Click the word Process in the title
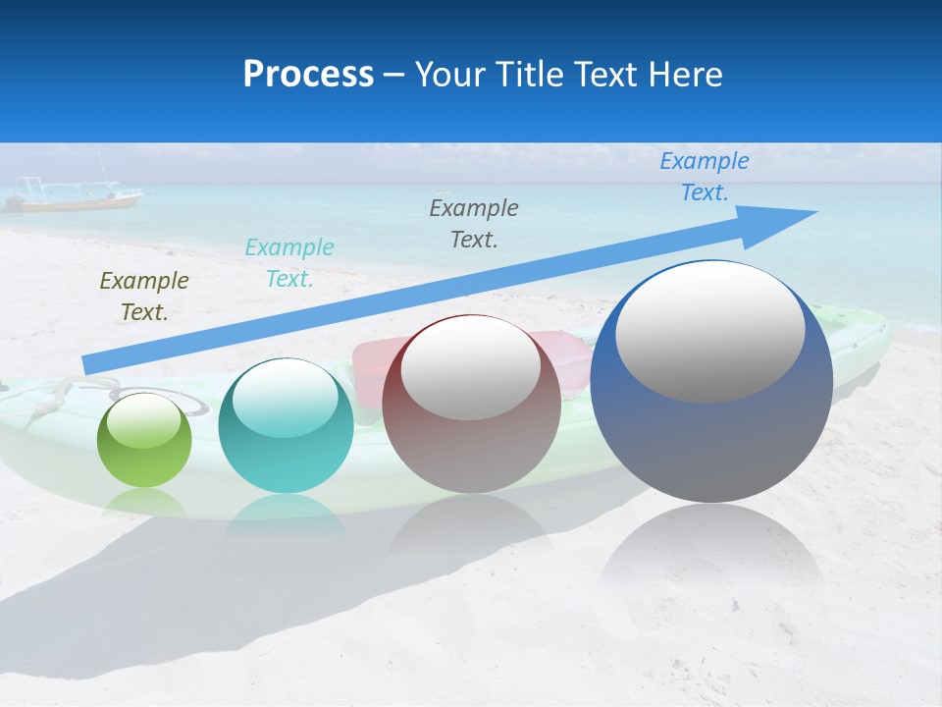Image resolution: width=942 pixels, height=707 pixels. pyautogui.click(x=308, y=75)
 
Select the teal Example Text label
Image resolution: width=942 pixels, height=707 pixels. pyautogui.click(x=289, y=263)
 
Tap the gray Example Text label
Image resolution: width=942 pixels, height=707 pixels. pyautogui.click(x=474, y=223)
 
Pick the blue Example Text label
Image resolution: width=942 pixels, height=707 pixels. pyautogui.click(x=705, y=177)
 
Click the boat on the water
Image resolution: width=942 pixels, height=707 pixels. pyautogui.click(x=74, y=195)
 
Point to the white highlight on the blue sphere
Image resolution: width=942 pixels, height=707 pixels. pyautogui.click(x=709, y=331)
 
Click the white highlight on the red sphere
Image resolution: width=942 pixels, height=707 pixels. pyautogui.click(x=470, y=368)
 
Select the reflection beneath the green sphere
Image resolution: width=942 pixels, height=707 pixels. pyautogui.click(x=144, y=503)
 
